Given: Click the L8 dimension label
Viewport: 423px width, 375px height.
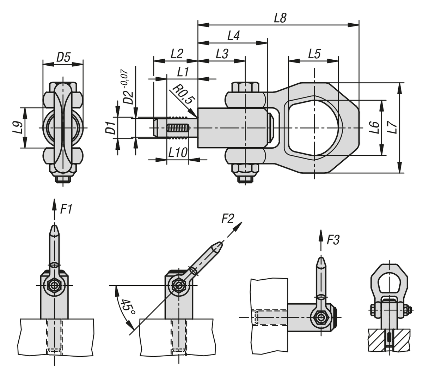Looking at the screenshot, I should point(280,18).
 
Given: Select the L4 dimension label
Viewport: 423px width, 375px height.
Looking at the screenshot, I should point(233,36).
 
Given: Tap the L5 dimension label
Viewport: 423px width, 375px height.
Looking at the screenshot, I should point(314,54).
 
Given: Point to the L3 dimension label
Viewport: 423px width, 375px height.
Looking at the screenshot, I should point(222,54).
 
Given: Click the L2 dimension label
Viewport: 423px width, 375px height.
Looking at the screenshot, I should point(177,54).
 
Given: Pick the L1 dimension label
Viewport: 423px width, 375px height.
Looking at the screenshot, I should point(183,72).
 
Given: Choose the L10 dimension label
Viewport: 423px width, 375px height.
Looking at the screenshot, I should point(177,153).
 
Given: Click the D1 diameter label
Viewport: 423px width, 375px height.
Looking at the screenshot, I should point(111,127).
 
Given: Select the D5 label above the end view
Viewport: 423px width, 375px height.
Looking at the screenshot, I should point(64,57).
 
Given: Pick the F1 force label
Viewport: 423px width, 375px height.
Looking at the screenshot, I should point(66,209).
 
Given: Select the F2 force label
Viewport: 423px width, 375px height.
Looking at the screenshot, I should point(227,219).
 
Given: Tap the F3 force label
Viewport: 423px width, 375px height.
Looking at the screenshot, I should point(333,240).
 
